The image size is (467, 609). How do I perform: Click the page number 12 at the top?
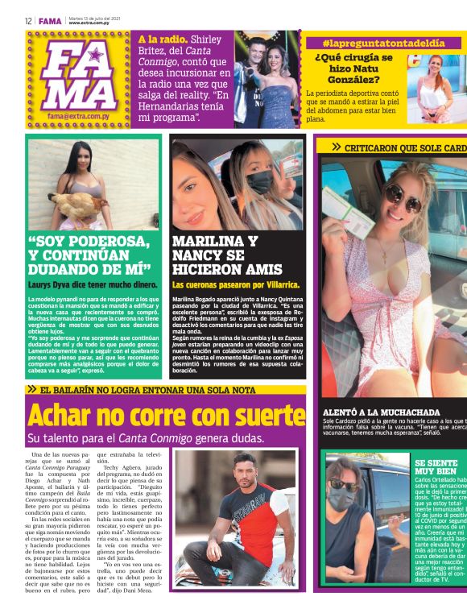pyautogui.click(x=28, y=21)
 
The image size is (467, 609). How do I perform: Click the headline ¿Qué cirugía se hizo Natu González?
pyautogui.click(x=353, y=68)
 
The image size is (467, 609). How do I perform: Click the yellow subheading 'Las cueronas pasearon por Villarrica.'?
pyautogui.click(x=236, y=284)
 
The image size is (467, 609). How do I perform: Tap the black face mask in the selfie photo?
pyautogui.click(x=259, y=183)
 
